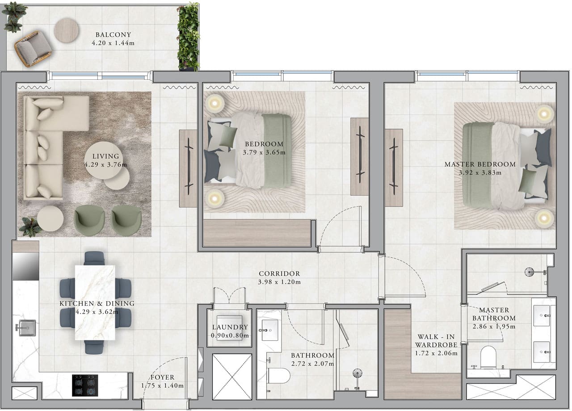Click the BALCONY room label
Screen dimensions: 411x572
(113, 35)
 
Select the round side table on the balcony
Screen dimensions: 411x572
(66, 30)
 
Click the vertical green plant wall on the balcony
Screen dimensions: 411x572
(188, 37)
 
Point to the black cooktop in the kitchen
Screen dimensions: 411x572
(85, 385)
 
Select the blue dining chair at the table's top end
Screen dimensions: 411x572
(94, 258)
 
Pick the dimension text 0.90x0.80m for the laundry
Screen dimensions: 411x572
(230, 336)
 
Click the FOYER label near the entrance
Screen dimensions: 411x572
(162, 377)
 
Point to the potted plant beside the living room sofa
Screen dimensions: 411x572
(30, 226)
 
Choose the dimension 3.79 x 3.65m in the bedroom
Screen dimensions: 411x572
(264, 152)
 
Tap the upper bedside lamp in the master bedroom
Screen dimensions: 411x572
(544, 114)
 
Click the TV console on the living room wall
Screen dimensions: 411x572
(188, 168)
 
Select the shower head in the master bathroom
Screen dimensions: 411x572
(530, 271)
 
